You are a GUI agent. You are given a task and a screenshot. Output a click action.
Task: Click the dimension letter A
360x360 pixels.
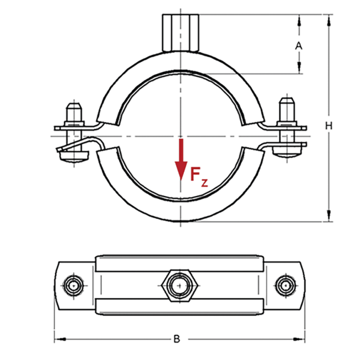pyautogui.click(x=298, y=46)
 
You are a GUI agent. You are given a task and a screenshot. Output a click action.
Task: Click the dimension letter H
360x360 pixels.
pyautogui.click(x=329, y=126)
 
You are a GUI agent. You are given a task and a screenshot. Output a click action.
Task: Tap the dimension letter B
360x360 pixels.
pyautogui.click(x=176, y=339)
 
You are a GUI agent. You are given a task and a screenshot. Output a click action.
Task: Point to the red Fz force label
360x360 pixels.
pyautogui.click(x=199, y=177)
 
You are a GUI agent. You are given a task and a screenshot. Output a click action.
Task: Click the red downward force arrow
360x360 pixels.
pyautogui.click(x=181, y=160)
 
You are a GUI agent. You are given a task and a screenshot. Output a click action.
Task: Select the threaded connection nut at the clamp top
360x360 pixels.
pyautogui.click(x=180, y=33)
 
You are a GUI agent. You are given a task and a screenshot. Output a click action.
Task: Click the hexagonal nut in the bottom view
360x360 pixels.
pyautogui.click(x=180, y=286)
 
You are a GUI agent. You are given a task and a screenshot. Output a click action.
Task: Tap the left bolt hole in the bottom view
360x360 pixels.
pyautogui.click(x=74, y=286)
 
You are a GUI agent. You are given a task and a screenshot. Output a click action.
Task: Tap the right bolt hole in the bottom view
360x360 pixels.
pyautogui.click(x=285, y=286)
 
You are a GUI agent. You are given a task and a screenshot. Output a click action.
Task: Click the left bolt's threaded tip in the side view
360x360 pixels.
pyautogui.click(x=74, y=112)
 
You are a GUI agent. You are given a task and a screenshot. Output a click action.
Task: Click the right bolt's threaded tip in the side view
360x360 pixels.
pyautogui.click(x=287, y=110)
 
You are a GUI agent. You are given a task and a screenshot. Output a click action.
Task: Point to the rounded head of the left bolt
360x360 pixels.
pyautogui.click(x=74, y=157)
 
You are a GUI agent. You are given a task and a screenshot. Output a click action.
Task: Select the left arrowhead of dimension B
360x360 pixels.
pyautogui.click(x=60, y=339)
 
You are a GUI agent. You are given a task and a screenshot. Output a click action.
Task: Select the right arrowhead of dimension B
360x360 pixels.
pyautogui.click(x=299, y=339)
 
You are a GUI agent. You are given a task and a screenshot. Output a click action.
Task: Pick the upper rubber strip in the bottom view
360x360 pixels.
pyautogui.click(x=180, y=263)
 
